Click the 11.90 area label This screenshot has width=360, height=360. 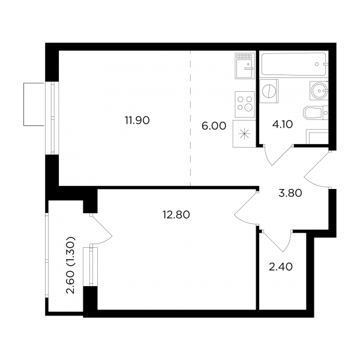point(137,121)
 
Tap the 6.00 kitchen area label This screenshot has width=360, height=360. point(214,126)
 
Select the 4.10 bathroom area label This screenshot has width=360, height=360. point(283,124)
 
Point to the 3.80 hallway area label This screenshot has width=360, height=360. point(290,193)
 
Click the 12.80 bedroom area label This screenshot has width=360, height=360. point(176,215)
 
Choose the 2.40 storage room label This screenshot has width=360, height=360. point(281,267)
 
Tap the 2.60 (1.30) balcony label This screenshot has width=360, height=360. point(70,265)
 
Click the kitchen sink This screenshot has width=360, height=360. point(245,66)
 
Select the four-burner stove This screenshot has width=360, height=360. point(245,104)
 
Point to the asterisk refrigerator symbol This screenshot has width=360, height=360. point(244,134)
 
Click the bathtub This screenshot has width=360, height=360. point(293,64)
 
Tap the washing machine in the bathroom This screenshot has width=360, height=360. point(269,91)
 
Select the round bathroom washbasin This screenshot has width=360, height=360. point(319,91)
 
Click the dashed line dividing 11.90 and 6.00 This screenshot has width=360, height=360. point(191,118)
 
